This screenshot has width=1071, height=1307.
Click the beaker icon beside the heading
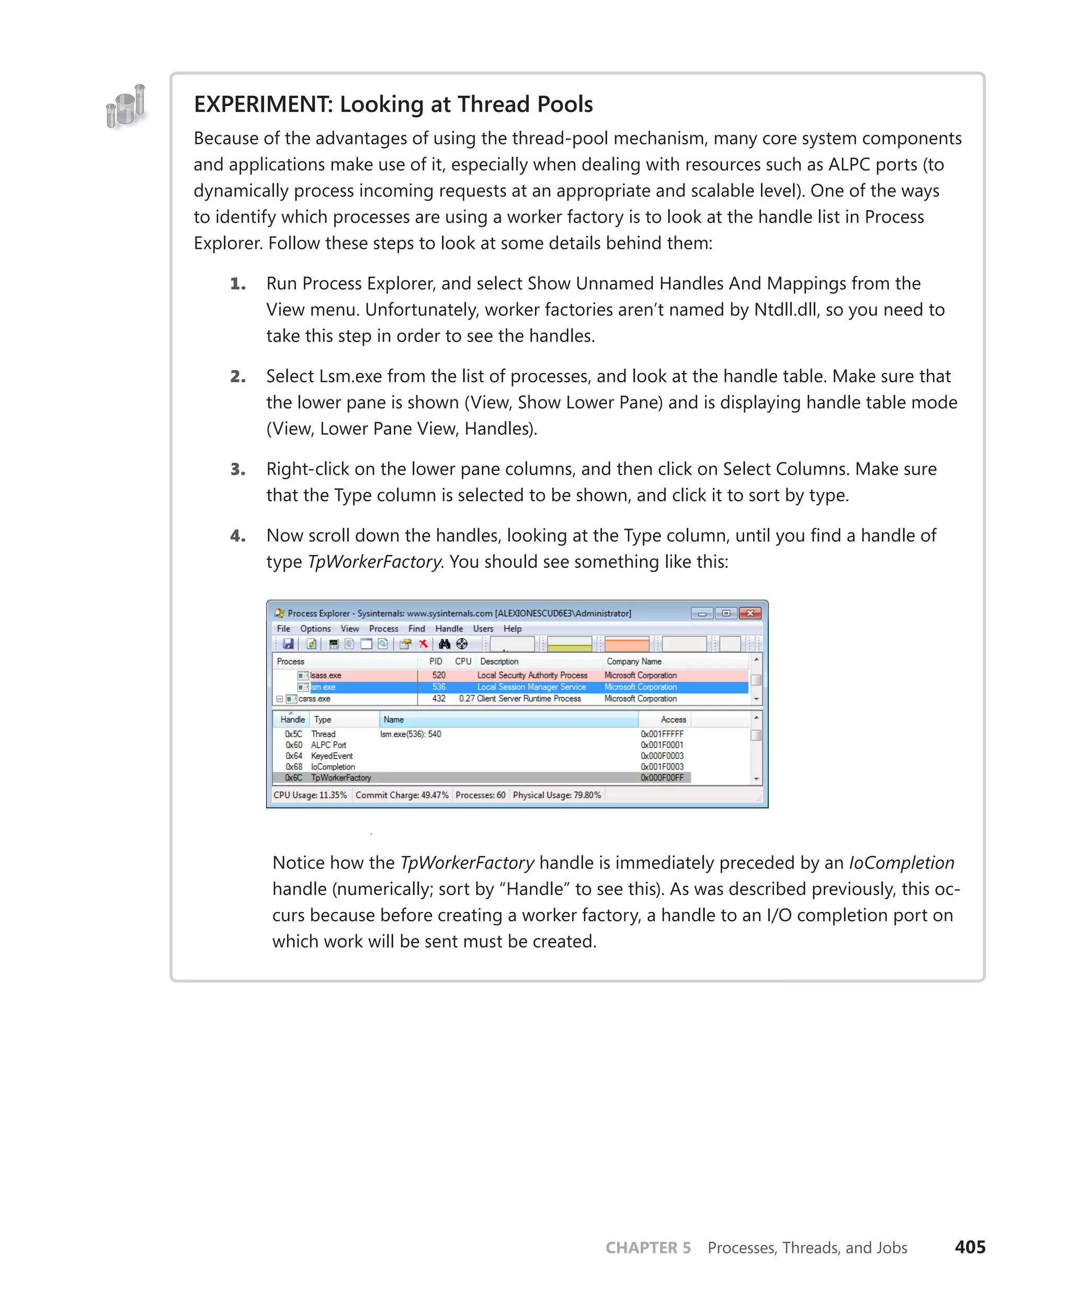[127, 106]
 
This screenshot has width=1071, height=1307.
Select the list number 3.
[237, 469]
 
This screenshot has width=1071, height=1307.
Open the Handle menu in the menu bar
[449, 628]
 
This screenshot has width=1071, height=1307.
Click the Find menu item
[416, 628]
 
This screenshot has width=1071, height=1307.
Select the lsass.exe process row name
[325, 675]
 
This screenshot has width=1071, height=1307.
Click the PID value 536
[439, 687]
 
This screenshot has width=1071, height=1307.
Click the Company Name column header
[634, 661]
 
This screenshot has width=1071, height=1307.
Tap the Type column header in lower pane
[323, 719]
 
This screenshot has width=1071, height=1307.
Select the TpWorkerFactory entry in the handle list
[340, 778]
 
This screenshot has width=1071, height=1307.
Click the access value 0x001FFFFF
[662, 734]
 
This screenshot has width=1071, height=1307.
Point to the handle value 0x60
[294, 745]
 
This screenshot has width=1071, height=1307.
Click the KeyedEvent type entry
[332, 755]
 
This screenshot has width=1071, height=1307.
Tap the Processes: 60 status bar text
[480, 795]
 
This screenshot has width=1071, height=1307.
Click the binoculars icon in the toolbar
[444, 644]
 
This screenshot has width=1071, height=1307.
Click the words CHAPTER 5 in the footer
[648, 1248]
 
